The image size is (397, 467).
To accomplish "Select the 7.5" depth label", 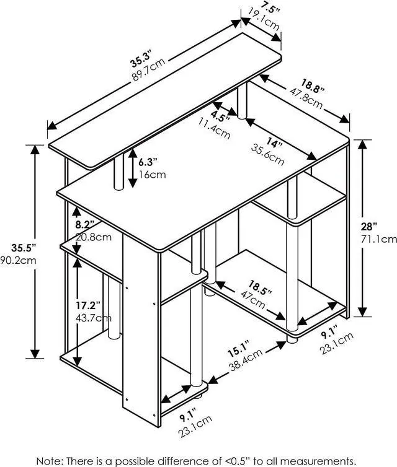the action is tap(269, 8).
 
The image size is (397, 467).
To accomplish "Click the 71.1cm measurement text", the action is tap(380, 238).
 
